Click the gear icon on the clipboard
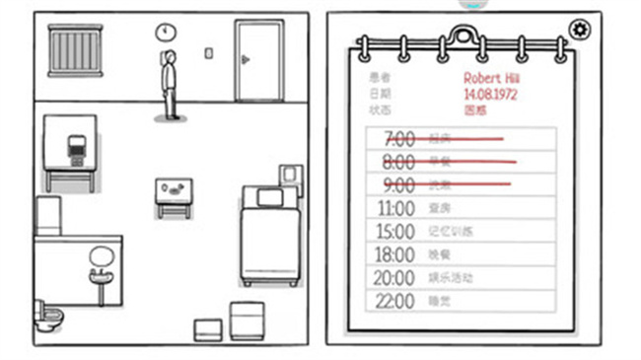[x=579, y=30]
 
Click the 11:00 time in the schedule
[x=396, y=208]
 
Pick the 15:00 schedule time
[x=396, y=231]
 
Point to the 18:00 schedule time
[x=396, y=253]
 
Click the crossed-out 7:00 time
[x=398, y=139]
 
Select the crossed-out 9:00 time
[x=398, y=184]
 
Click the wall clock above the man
[x=163, y=32]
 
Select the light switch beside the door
[x=209, y=52]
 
